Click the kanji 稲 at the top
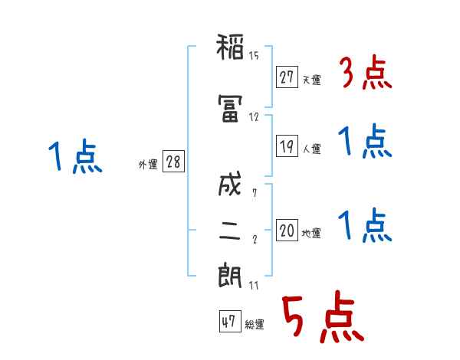click(230, 47)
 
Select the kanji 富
click(230, 108)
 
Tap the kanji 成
click(230, 184)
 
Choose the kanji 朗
click(230, 276)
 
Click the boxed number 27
click(287, 77)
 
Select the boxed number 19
click(287, 146)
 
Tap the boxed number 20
click(287, 230)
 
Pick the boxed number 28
click(173, 161)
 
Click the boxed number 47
click(230, 321)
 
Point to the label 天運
click(312, 80)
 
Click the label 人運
click(312, 149)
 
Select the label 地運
click(311, 233)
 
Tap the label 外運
click(148, 165)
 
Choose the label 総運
click(255, 324)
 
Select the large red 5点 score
click(324, 316)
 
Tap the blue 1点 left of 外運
click(75, 156)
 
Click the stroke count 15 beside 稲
click(254, 56)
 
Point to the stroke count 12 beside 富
click(254, 117)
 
